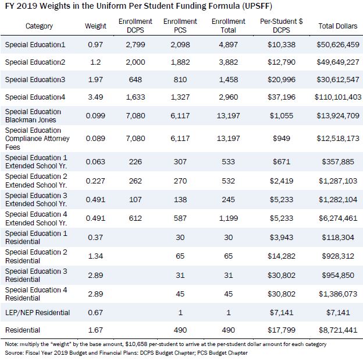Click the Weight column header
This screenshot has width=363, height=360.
pos(95,26)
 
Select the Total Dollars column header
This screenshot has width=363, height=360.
pos(338,26)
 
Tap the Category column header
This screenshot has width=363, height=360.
pos(39,26)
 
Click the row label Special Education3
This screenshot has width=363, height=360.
pos(35,79)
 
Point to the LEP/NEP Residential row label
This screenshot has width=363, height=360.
pos(37,312)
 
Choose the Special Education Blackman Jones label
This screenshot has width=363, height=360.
pos(33,116)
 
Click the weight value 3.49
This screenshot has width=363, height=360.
pos(95,97)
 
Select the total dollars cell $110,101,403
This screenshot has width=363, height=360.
pos(338,97)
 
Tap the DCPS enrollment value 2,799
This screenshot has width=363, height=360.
pos(136,44)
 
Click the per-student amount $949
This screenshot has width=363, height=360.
pos(282,139)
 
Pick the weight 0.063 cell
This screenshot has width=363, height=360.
pos(95,161)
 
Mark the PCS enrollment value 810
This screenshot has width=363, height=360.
pos(180,79)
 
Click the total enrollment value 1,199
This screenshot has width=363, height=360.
pos(228,218)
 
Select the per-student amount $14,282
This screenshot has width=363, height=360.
pos(282,256)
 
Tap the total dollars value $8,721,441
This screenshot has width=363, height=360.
pos(338,330)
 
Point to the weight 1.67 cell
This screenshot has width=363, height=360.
pos(95,330)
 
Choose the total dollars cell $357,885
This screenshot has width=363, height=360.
pos(338,161)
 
